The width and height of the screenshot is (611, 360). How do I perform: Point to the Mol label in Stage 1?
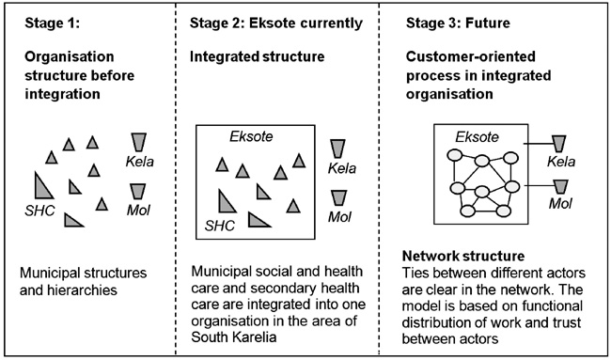coord(139,209)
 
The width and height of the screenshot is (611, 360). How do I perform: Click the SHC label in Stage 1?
coord(39,205)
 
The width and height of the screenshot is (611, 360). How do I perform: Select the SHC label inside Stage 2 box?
coord(221,226)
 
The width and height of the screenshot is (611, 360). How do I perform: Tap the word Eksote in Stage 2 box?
coord(251,136)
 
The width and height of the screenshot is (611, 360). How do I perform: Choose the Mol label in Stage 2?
coord(340,216)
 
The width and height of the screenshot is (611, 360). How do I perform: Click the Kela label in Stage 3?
coord(560,162)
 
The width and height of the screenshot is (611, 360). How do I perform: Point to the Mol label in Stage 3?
coord(560,203)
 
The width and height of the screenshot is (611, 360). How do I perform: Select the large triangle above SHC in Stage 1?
coord(41,183)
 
